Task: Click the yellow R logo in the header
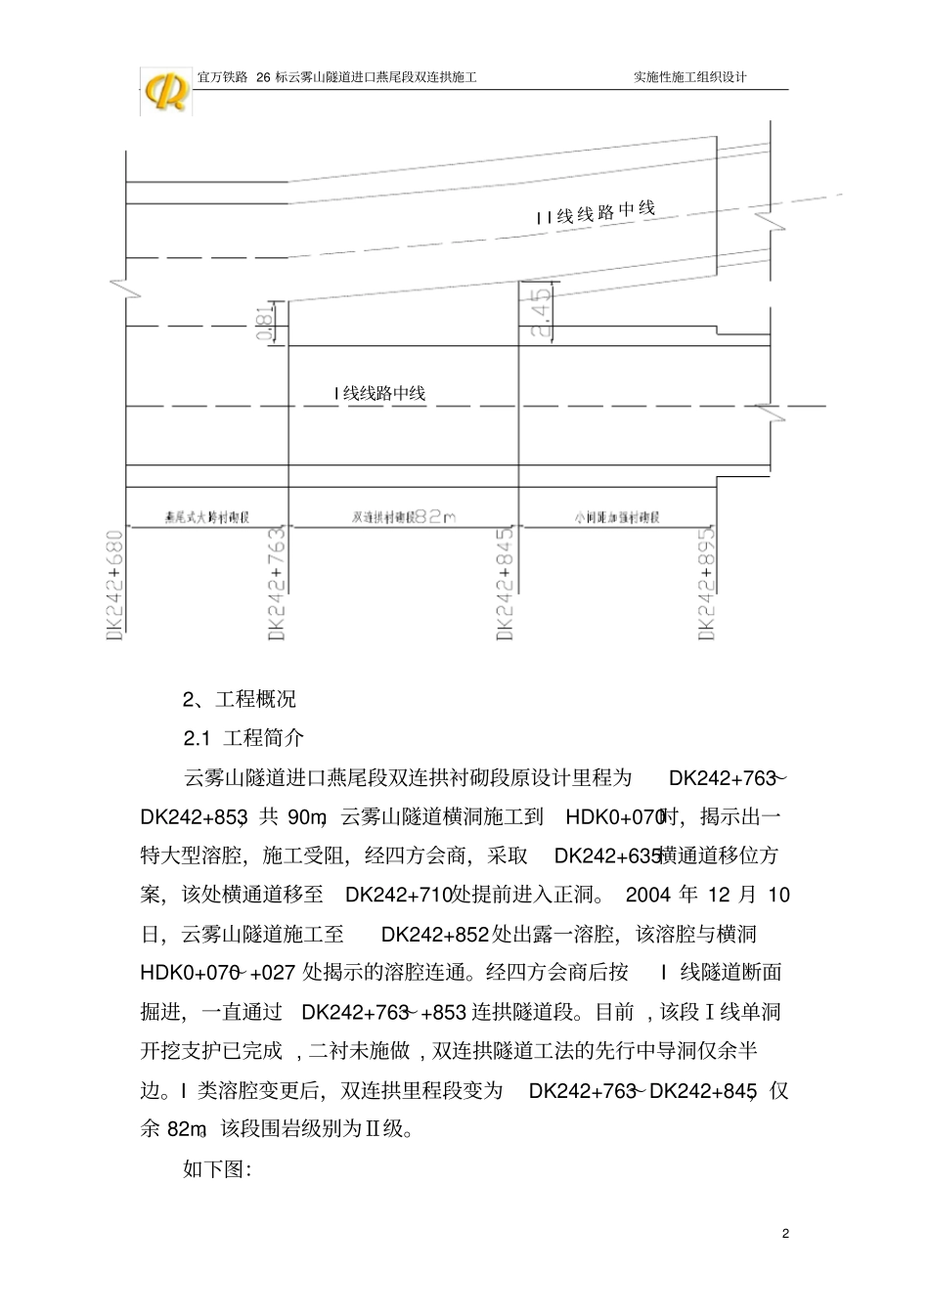[x=167, y=92]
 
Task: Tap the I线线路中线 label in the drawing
[x=379, y=393]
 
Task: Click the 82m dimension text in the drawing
[x=435, y=516]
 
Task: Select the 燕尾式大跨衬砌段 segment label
[x=207, y=516]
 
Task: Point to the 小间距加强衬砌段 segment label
[x=617, y=516]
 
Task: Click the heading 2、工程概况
[x=240, y=699]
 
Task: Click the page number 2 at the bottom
[x=785, y=1234]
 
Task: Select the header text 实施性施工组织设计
[x=690, y=76]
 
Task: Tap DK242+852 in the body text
[x=434, y=934]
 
